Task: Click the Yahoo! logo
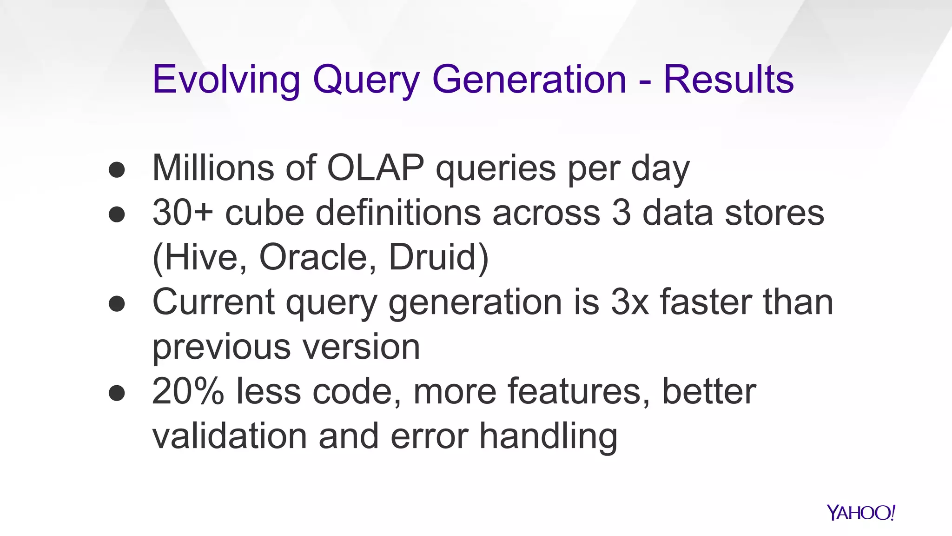(x=860, y=513)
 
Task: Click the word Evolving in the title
(x=226, y=80)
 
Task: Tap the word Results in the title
(x=728, y=80)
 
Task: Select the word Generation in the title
(x=529, y=80)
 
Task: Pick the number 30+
(x=183, y=213)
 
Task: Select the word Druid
(x=438, y=257)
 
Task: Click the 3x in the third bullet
(x=629, y=302)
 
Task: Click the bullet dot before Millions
(x=117, y=170)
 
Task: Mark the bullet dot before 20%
(x=117, y=393)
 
